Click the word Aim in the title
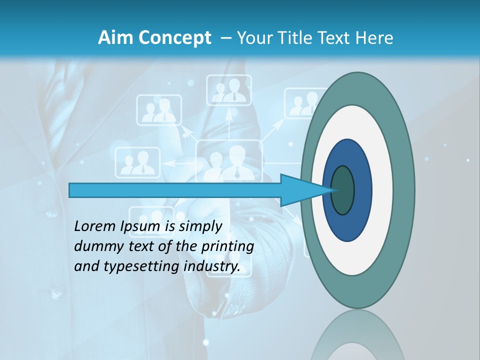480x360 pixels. click(115, 37)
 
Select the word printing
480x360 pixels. click(227, 246)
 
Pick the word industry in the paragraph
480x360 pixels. click(211, 266)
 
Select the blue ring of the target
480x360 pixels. click(362, 190)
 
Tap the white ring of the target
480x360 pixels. click(382, 190)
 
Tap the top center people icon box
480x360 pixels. click(229, 90)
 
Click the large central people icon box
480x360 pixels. click(228, 160)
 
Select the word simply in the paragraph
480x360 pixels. click(200, 226)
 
